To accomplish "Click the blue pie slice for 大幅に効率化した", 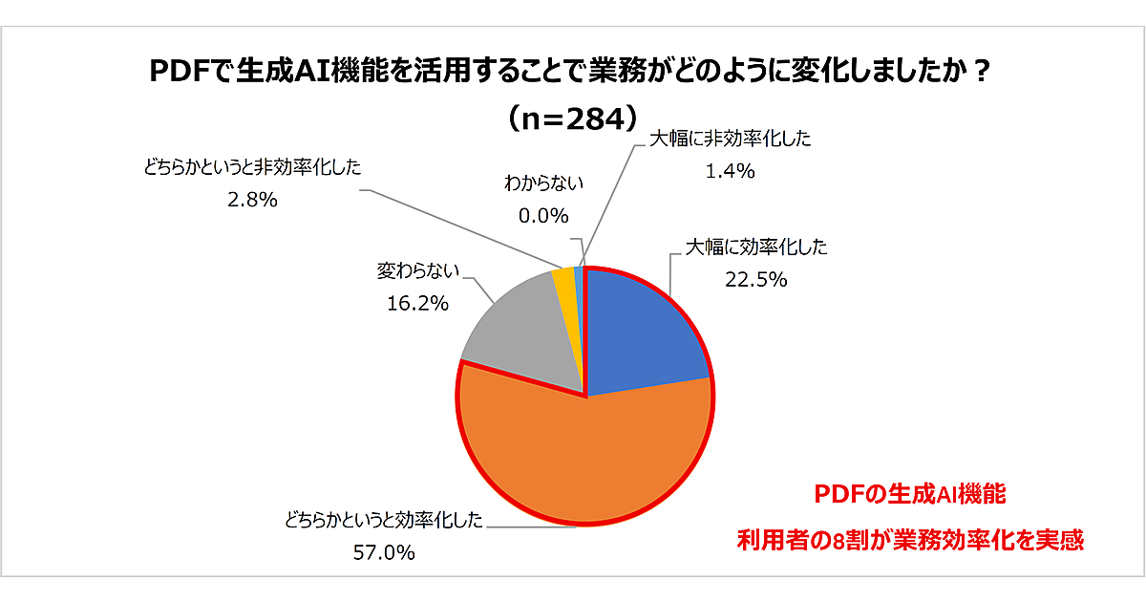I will [x=640, y=330].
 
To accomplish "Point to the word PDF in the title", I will [x=179, y=74].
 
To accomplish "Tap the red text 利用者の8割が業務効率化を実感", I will [x=910, y=540].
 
